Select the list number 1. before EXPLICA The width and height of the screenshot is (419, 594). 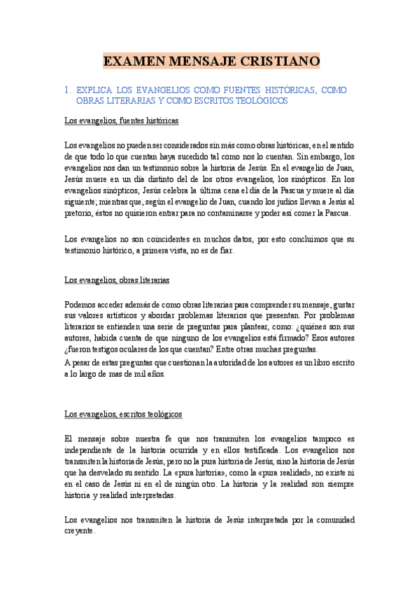point(68,90)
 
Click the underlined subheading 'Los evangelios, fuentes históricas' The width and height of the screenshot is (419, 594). point(121,121)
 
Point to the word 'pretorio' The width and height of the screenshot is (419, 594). point(80,213)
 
